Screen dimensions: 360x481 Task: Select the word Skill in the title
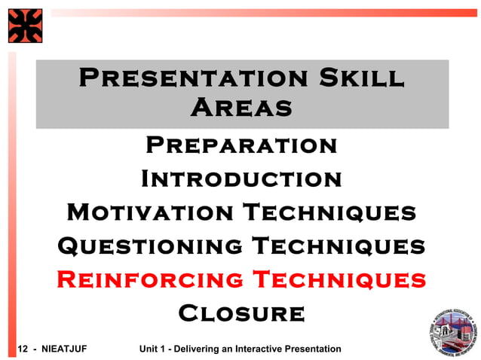pyautogui.click(x=357, y=78)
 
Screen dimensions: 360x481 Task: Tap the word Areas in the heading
pyautogui.click(x=241, y=108)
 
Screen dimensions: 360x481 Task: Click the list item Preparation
pyautogui.click(x=241, y=144)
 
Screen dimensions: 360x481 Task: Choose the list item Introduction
pyautogui.click(x=241, y=179)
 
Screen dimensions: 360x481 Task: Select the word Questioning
pyautogui.click(x=149, y=246)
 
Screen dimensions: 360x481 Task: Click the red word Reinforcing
pyautogui.click(x=149, y=280)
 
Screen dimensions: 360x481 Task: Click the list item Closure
pyautogui.click(x=241, y=313)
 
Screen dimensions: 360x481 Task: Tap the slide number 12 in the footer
pyautogui.click(x=22, y=349)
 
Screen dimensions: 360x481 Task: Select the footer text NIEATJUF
pyautogui.click(x=65, y=349)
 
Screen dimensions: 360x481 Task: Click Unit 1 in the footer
pyautogui.click(x=154, y=349)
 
